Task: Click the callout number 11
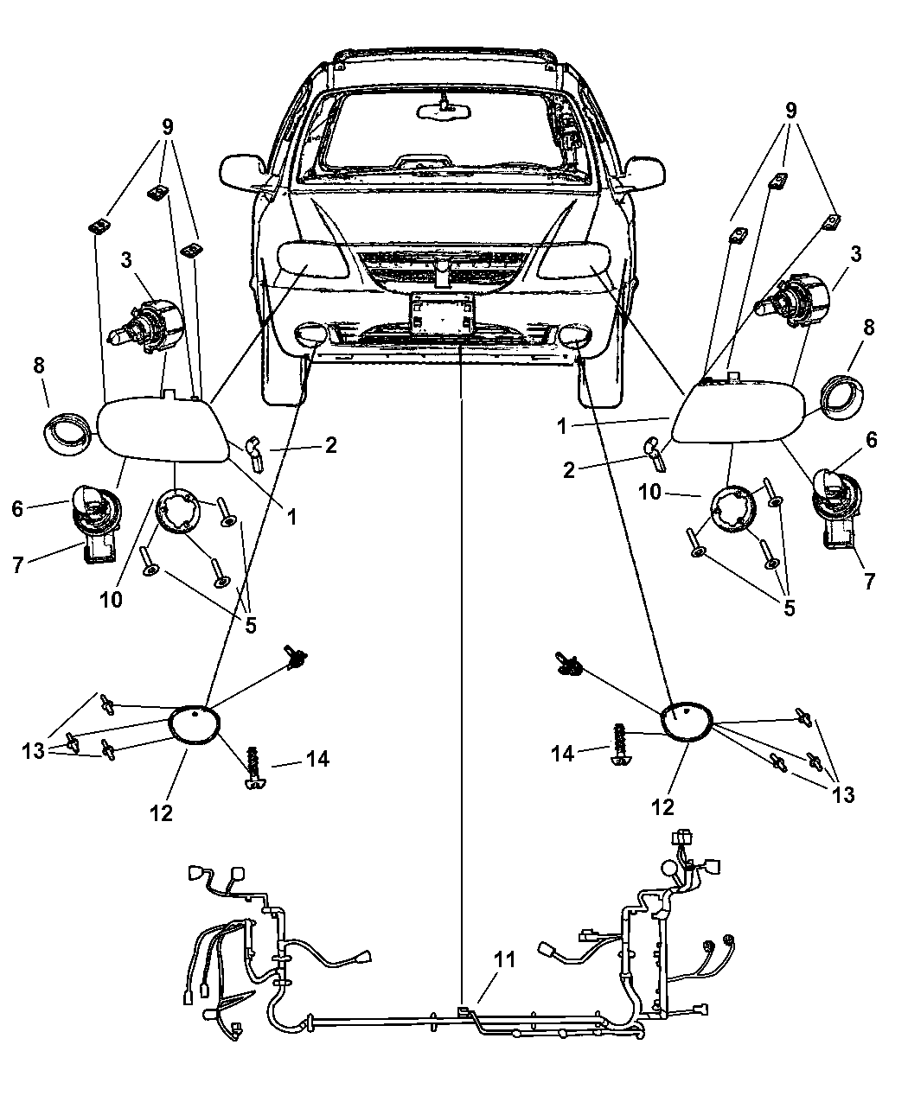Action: coord(502,981)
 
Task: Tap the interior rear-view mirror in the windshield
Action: coord(443,111)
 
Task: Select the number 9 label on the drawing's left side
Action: coord(166,124)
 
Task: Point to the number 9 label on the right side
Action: coord(790,110)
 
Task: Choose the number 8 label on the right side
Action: coord(868,328)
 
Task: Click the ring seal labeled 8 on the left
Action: coord(67,430)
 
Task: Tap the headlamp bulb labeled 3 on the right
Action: coord(795,303)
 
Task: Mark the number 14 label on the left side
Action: coord(317,760)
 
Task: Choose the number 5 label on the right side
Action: coord(789,607)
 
